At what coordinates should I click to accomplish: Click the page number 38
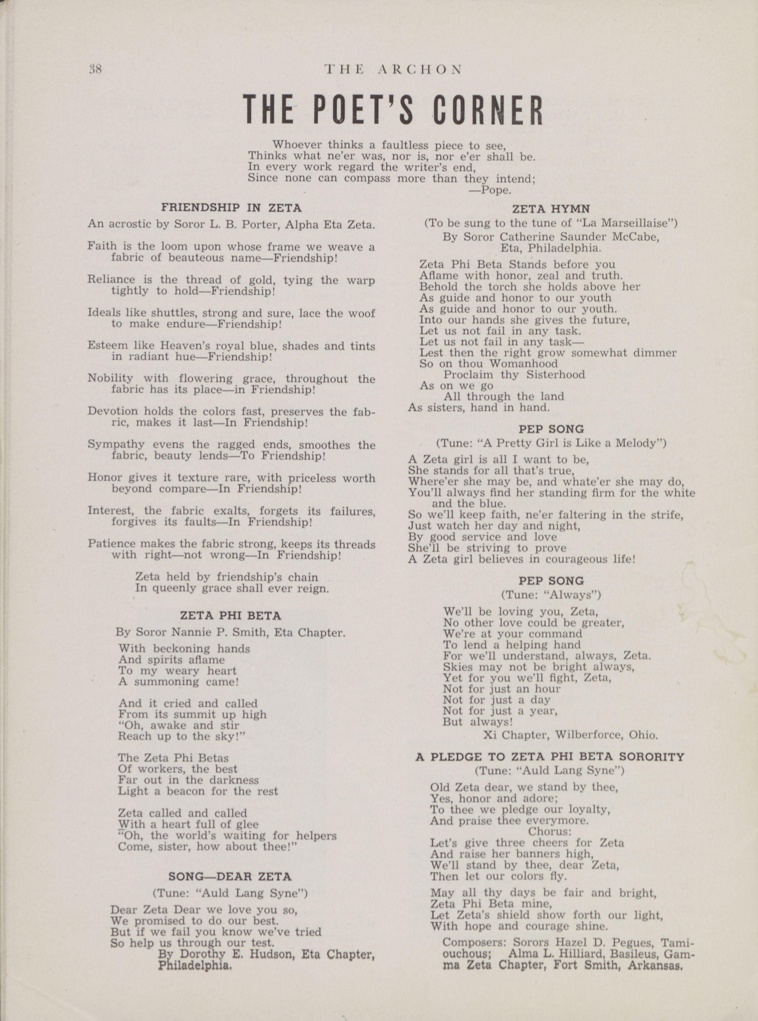click(96, 69)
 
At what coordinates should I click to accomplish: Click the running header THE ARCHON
click(393, 70)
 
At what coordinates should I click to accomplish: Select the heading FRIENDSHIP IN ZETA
click(231, 208)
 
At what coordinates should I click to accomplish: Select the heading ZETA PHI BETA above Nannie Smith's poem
click(230, 616)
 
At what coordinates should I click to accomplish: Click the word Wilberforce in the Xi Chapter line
click(585, 735)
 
